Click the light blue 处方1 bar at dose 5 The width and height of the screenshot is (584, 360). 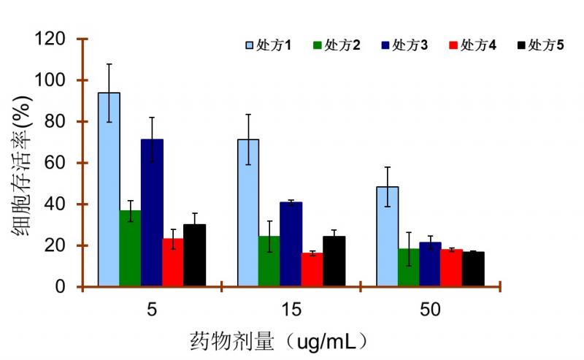109,190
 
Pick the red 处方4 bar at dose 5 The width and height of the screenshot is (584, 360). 173,263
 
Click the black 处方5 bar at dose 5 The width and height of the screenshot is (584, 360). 194,256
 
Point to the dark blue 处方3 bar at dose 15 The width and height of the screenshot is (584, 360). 291,245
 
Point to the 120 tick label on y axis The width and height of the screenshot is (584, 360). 50,39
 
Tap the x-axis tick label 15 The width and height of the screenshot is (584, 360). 291,310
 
